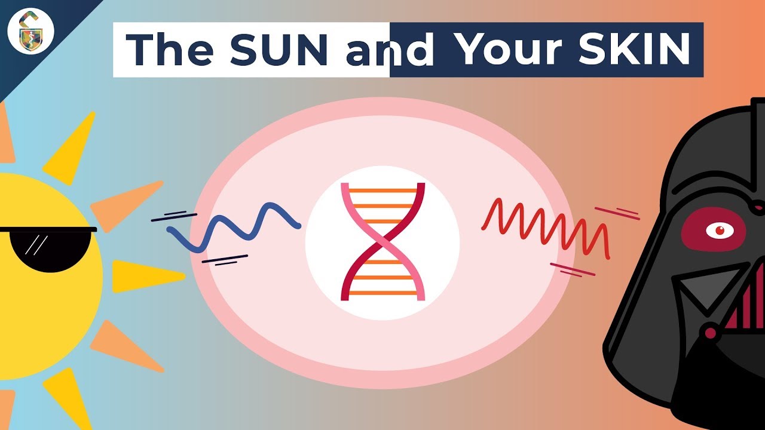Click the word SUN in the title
point(278,49)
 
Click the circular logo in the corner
point(32,32)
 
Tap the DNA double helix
point(382,241)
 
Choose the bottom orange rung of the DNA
point(382,293)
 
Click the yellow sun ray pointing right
point(146,276)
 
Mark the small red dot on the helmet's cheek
point(711,332)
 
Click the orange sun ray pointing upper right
point(126,206)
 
